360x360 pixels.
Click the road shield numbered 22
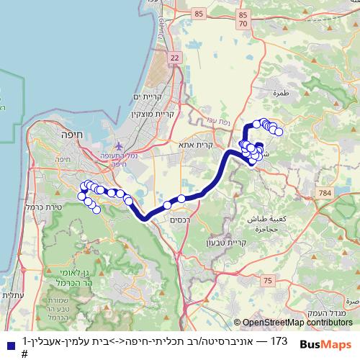(x=175, y=57)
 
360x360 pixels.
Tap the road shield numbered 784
(x=325, y=193)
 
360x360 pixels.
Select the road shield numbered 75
(x=268, y=280)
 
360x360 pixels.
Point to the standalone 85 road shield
(x=199, y=14)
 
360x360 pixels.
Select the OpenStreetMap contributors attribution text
(x=295, y=323)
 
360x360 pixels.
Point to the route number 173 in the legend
(x=279, y=340)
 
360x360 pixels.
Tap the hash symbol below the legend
(x=24, y=354)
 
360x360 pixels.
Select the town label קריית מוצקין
(x=145, y=114)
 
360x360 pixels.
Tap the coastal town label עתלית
(x=12, y=295)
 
